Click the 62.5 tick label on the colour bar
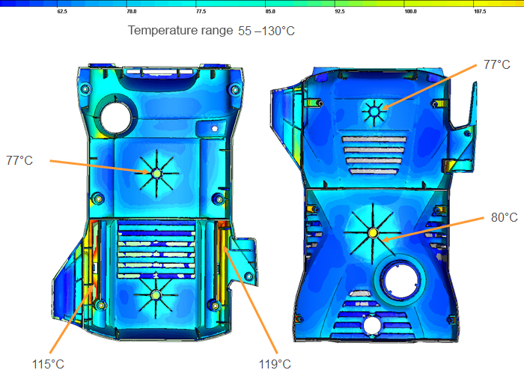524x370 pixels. tap(62, 11)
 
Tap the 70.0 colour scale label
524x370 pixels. tap(132, 11)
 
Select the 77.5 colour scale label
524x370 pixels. tap(201, 11)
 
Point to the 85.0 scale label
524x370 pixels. tap(270, 11)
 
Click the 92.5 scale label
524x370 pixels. tap(340, 11)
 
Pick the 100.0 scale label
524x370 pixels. tap(411, 11)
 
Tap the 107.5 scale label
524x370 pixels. tap(480, 11)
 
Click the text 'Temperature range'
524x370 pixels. tap(180, 31)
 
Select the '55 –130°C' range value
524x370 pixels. tap(266, 31)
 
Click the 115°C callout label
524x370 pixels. tap(48, 364)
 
